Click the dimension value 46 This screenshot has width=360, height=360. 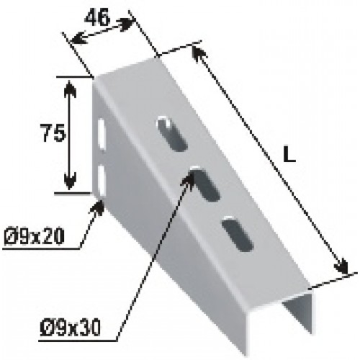pos(97,18)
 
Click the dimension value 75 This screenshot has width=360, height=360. pos(53,132)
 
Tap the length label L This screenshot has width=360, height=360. pos(289,154)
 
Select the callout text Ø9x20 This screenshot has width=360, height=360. pos(35,236)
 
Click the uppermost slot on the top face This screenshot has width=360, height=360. pos(171,134)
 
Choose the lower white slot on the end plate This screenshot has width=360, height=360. pos(102,181)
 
